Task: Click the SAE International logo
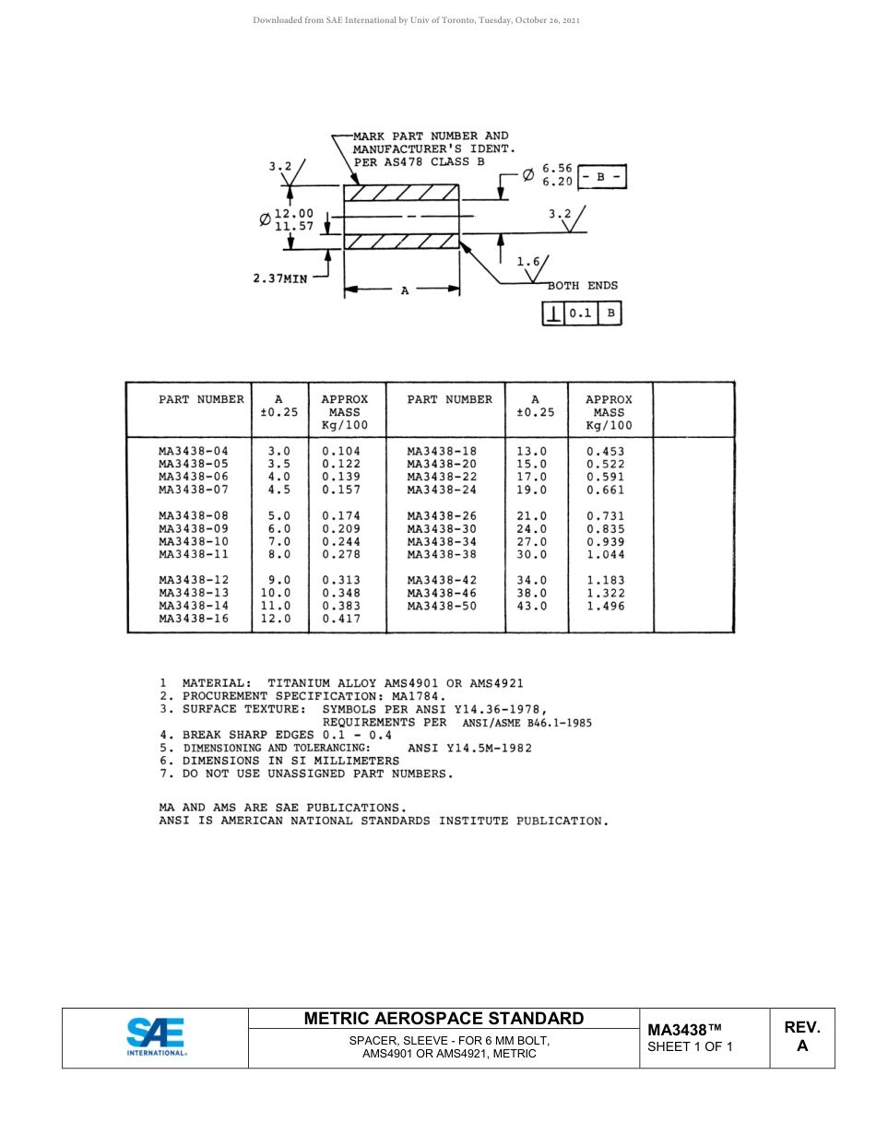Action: coord(156,1037)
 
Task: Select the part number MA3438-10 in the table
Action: coord(193,542)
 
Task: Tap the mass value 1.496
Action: coord(605,607)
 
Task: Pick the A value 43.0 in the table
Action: coord(531,607)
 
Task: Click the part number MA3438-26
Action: coord(442,516)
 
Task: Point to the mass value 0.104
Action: coord(341,452)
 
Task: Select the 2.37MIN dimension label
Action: coord(280,279)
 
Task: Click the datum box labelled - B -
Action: coord(601,175)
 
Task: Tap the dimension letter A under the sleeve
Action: coord(404,290)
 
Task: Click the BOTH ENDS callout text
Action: coord(583,286)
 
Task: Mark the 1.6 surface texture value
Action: coord(527,262)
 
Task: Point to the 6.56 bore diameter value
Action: coord(557,169)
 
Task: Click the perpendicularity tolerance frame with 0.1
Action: coord(581,313)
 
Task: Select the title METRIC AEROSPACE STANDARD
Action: coord(444,1019)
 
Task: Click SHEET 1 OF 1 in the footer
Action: coord(690,1046)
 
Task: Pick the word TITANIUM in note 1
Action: coord(299,683)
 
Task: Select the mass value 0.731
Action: coord(605,516)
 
